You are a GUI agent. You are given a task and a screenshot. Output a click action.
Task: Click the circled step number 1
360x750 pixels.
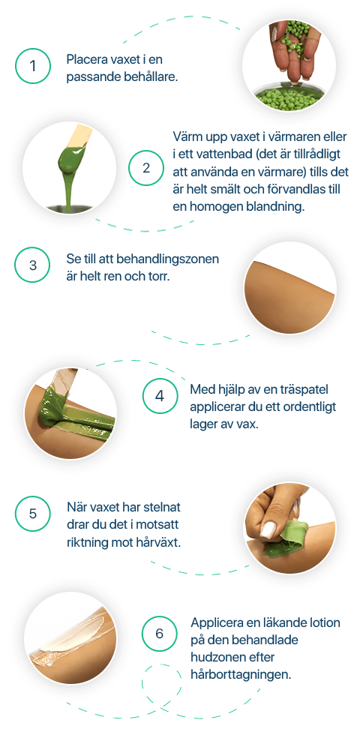coord(32,65)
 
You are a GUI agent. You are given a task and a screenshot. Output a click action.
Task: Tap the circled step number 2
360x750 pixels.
coord(145,168)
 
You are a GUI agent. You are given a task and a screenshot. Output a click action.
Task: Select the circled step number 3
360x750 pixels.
coord(32,265)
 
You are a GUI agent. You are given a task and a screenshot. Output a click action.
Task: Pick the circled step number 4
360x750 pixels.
coord(160,397)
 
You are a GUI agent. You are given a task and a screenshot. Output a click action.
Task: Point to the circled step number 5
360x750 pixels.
coord(32,514)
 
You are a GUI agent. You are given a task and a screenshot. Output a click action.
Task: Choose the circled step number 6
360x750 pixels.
coord(160,634)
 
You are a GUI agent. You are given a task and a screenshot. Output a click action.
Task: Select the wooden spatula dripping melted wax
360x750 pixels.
coord(73,153)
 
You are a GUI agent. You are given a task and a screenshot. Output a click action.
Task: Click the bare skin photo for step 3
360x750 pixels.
coord(290,287)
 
